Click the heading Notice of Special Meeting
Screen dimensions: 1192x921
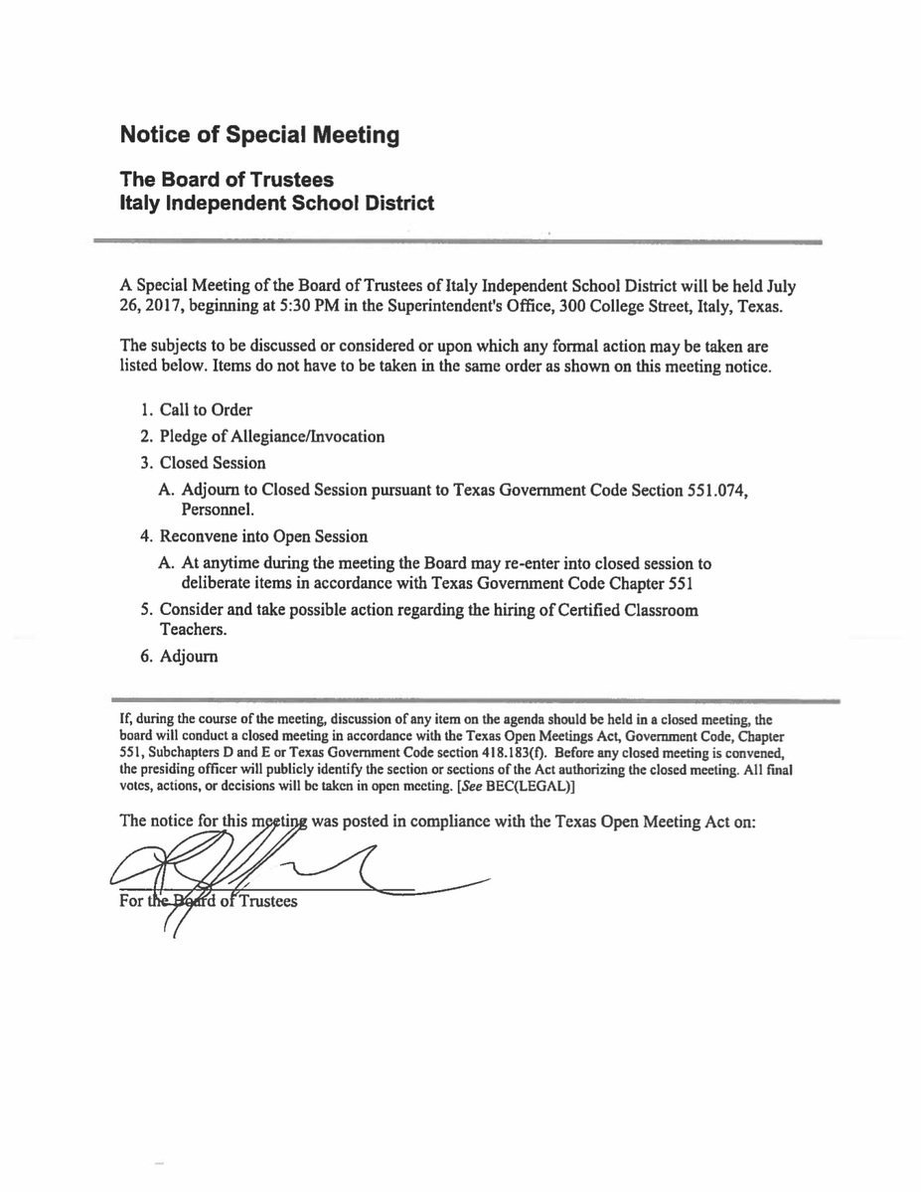259,135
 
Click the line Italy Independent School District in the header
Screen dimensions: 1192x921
276,204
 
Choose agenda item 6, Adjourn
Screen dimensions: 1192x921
189,657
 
